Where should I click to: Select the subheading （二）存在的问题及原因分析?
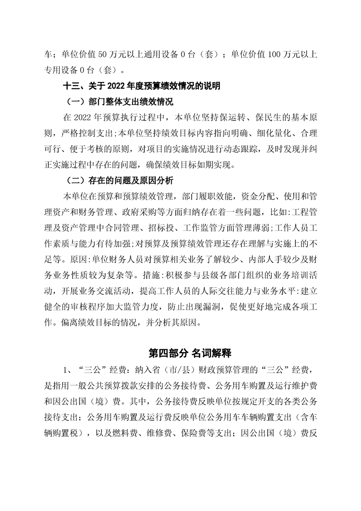(120, 181)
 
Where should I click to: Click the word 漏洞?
(211, 307)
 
